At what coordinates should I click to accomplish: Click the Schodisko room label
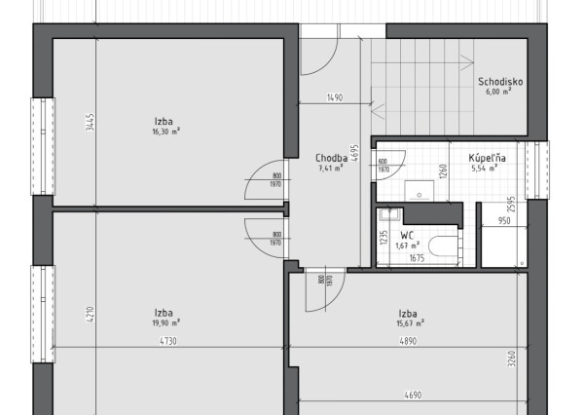click(500, 82)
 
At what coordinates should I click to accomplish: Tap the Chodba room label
click(332, 158)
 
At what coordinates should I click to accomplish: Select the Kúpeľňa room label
click(484, 157)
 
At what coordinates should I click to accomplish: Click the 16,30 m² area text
click(165, 132)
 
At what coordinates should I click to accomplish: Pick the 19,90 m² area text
click(165, 321)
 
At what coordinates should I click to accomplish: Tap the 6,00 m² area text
click(500, 93)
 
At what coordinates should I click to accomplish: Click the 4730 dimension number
click(168, 342)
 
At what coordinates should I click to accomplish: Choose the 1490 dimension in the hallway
click(336, 97)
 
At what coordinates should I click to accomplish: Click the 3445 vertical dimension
click(89, 123)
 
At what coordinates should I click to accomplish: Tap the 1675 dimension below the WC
click(417, 258)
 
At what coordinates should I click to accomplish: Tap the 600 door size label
click(383, 162)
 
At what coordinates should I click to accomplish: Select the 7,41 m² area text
click(332, 169)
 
